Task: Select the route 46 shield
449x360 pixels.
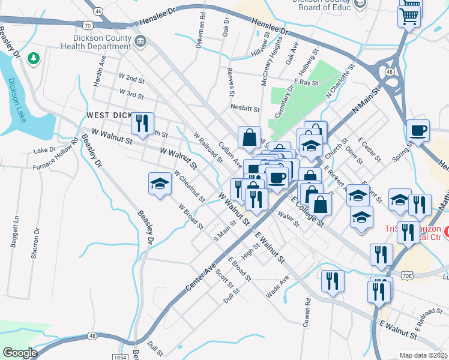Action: coord(98,11)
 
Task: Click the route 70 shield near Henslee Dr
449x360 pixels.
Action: coord(88,26)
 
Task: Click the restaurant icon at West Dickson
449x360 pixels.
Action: coord(142,123)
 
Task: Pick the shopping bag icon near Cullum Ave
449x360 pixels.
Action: coord(249,137)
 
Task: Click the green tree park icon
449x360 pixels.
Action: coord(34,58)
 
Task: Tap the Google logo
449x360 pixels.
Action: coord(19,353)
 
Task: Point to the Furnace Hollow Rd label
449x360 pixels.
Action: coord(56,155)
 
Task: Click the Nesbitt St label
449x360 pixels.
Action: coord(245,109)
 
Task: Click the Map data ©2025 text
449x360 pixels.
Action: coord(423,355)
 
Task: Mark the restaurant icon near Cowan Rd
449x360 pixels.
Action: coord(332,281)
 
